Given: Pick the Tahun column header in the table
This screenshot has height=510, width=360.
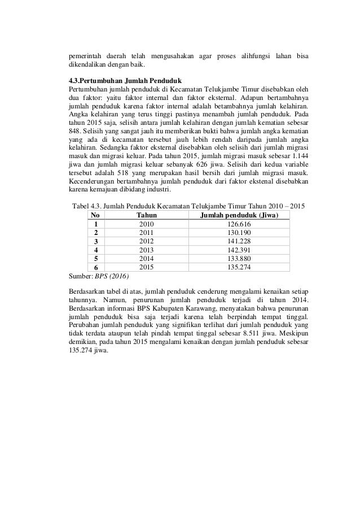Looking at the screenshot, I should pos(146,215).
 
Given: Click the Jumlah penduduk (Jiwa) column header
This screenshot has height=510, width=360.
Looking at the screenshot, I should pos(240,215).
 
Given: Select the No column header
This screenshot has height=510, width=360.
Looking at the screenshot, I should pos(95,215).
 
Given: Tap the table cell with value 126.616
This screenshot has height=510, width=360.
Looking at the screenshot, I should pos(240,224).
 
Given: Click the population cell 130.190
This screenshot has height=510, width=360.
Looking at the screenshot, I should pos(240,232).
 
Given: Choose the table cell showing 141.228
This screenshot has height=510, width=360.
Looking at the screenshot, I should pos(240,241).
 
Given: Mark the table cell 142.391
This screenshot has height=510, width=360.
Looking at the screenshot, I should pos(240,249).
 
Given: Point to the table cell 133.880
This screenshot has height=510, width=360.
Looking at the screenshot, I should pos(240,258).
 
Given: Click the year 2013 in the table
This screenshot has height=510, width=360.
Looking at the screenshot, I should pos(146,249).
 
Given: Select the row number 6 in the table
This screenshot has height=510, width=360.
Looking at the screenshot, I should pos(95,267).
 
